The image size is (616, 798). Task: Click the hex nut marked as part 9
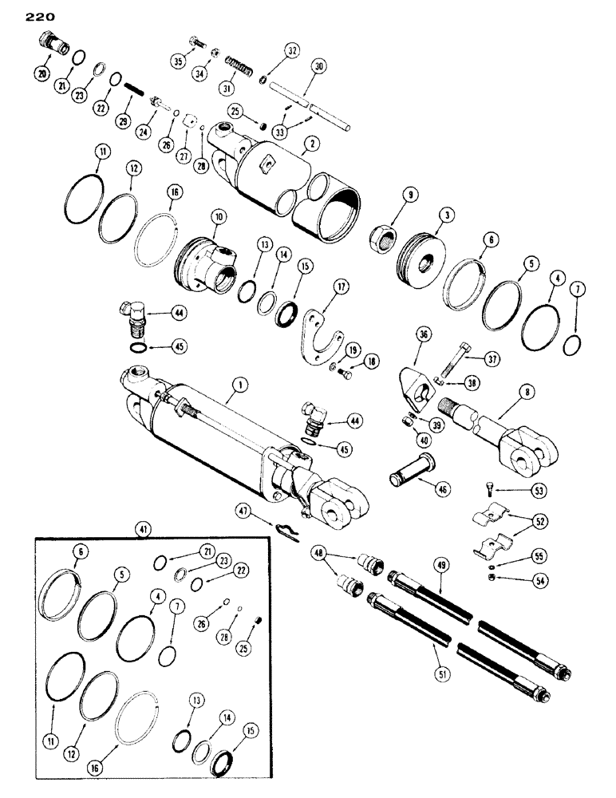coord(383,236)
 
